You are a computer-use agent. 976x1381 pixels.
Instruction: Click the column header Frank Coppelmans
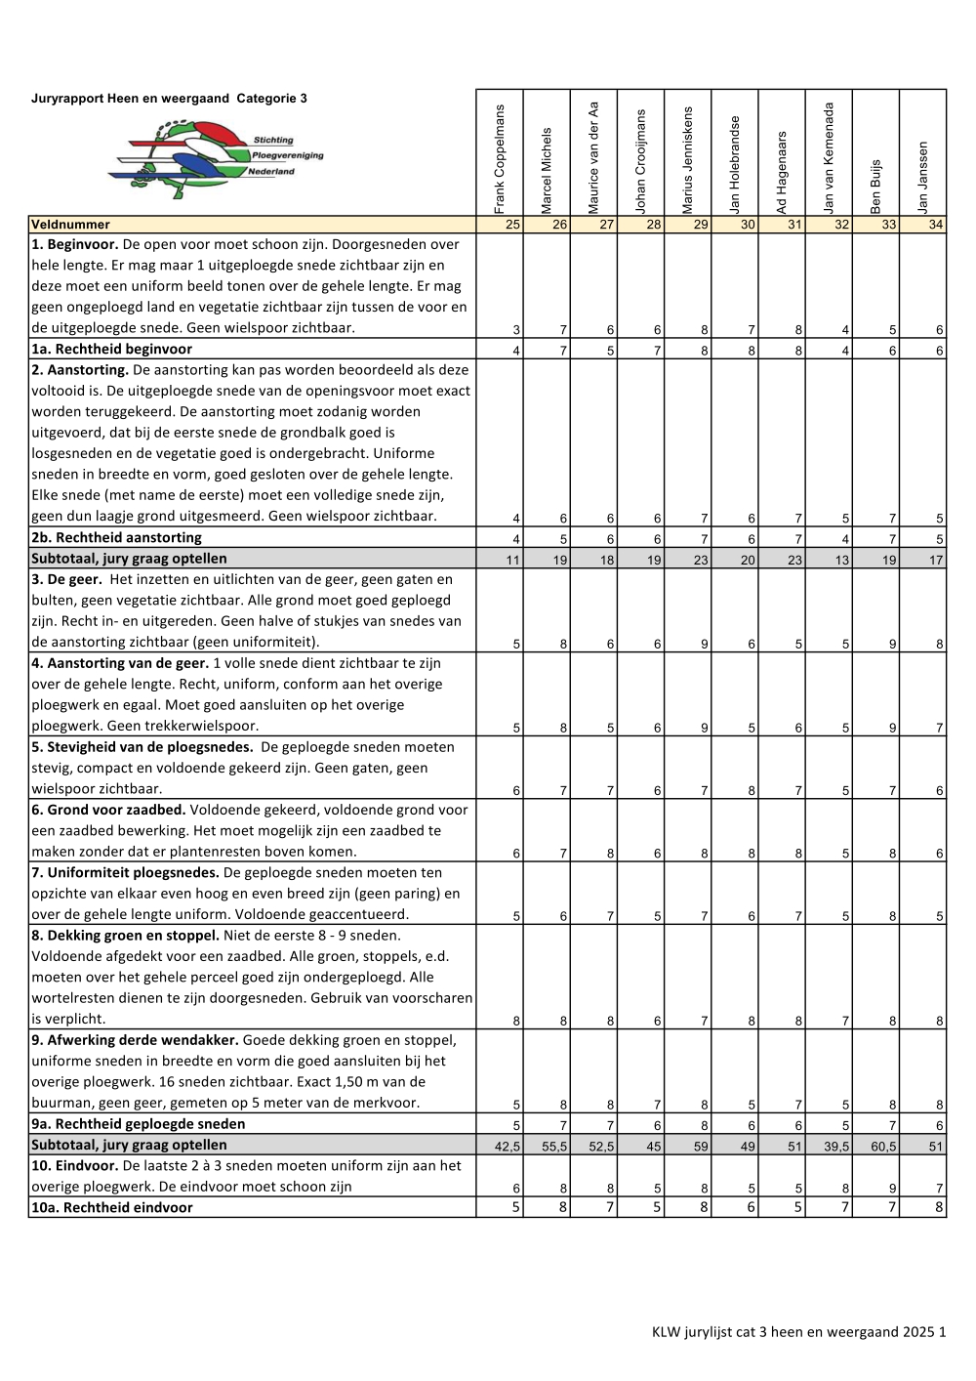click(x=500, y=158)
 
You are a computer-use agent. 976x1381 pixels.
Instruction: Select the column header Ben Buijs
click(x=875, y=186)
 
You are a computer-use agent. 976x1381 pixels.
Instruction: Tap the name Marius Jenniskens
click(x=688, y=160)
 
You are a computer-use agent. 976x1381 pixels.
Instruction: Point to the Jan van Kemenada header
click(x=830, y=157)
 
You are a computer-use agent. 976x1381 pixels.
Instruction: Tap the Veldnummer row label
click(x=70, y=225)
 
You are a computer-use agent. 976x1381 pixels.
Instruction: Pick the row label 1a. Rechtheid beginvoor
click(x=111, y=349)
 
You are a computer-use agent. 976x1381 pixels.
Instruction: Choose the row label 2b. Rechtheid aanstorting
click(x=116, y=537)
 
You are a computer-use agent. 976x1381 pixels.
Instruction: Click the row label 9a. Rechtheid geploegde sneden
click(x=138, y=1123)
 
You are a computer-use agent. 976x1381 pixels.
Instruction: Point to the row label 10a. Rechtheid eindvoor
click(x=111, y=1207)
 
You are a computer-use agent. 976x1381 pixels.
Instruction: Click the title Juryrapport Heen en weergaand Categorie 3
click(x=169, y=99)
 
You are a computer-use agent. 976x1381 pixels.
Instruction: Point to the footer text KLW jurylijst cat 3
click(x=798, y=1331)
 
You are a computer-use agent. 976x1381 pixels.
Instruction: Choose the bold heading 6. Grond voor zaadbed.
click(x=107, y=810)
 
